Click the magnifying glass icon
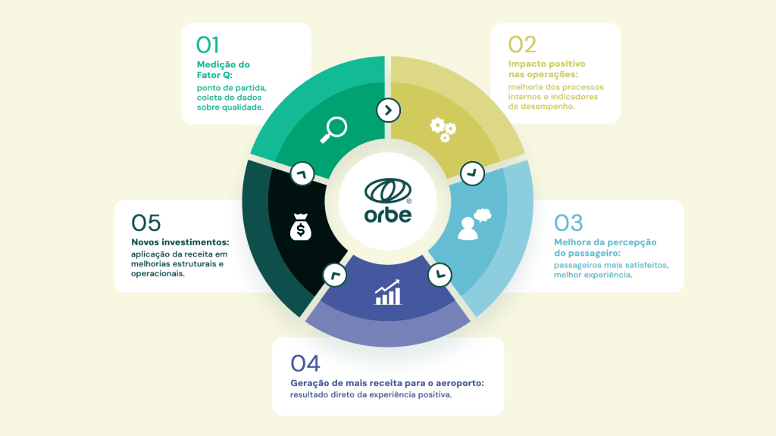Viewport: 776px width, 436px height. point(333,129)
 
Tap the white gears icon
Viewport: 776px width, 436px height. point(443,129)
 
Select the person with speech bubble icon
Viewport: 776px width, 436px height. point(474,224)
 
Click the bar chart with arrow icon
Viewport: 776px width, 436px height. point(387,293)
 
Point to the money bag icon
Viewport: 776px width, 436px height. point(300,227)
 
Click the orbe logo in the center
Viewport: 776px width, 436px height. point(388,200)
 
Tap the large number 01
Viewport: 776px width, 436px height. point(208,45)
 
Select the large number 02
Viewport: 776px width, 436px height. point(522,45)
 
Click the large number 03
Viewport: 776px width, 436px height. point(568,223)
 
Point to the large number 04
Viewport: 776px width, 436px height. point(305,363)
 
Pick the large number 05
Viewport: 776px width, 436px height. point(146,223)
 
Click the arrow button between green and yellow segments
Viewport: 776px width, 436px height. point(389,111)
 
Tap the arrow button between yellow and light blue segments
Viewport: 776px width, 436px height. point(472,173)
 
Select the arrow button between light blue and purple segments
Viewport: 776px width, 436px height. point(440,275)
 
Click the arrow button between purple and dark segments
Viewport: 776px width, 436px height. point(335,275)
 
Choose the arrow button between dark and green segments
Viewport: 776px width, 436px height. point(302,174)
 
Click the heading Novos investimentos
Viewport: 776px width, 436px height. point(180,242)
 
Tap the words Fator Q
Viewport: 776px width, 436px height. point(214,75)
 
